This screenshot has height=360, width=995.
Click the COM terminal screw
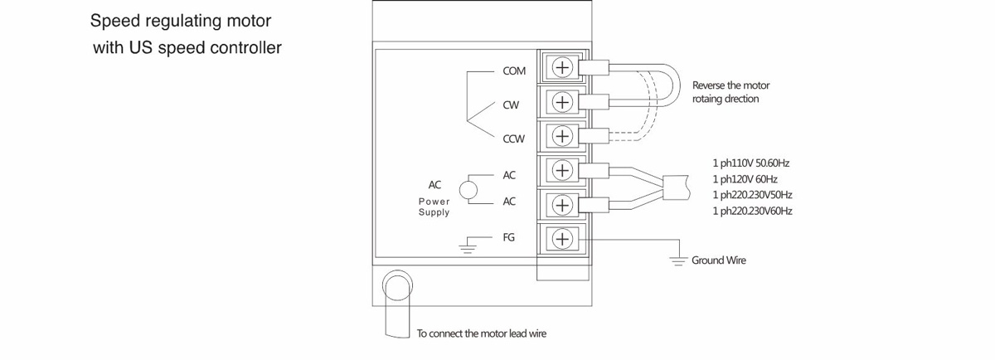click(563, 67)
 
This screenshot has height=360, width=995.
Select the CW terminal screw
click(563, 102)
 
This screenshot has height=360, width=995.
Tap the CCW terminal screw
click(563, 136)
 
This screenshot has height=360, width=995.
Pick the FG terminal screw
click(563, 239)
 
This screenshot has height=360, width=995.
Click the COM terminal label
click(514, 71)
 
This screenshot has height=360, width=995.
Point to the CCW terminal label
click(514, 140)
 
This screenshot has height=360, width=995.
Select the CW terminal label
click(511, 106)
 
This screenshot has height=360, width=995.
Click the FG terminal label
click(509, 237)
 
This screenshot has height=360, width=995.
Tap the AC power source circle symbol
click(468, 189)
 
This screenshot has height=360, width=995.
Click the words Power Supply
click(434, 207)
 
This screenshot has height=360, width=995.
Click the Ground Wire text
click(719, 260)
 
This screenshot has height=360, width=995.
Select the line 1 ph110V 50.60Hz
click(750, 163)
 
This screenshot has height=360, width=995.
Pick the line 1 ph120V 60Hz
click(745, 179)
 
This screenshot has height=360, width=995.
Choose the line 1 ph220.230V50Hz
click(752, 195)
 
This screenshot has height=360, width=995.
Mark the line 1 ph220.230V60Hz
click(752, 212)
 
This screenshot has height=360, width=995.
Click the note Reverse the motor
click(725, 85)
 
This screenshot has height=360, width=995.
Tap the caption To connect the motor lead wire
click(481, 334)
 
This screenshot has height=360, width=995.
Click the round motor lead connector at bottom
click(397, 286)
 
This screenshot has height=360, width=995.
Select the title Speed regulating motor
click(180, 19)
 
